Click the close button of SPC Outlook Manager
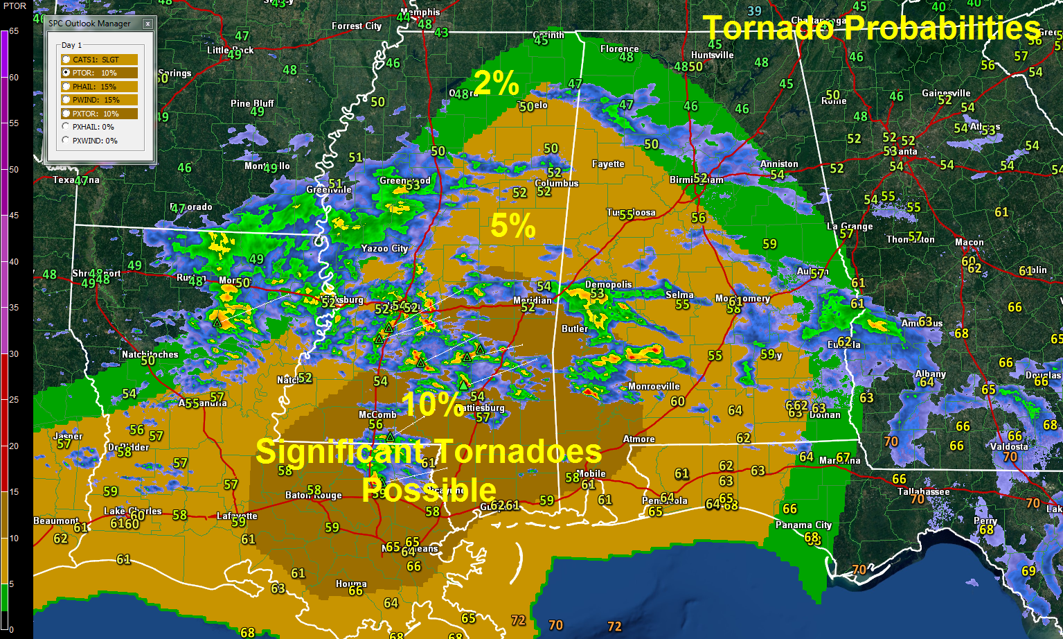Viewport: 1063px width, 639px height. point(148,24)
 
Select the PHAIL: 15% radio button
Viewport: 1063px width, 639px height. point(66,87)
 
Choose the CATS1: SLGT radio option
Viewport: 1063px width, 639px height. point(66,60)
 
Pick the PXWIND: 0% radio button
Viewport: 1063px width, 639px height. point(66,141)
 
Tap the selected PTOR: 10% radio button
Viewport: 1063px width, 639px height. point(66,73)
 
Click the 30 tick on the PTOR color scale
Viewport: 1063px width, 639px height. point(14,353)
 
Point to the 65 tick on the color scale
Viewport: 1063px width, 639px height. point(14,31)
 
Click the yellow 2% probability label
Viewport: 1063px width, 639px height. point(496,83)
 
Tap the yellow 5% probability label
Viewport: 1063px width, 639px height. point(513,226)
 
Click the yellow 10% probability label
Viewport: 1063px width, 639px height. point(432,404)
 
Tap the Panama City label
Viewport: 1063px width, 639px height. point(803,525)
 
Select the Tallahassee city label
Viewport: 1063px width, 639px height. point(923,491)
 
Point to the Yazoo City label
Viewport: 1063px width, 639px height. point(384,248)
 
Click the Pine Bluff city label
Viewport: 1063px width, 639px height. point(252,103)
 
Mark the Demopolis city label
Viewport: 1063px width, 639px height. point(608,284)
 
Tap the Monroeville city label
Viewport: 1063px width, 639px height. point(654,386)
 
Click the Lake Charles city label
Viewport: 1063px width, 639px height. point(132,511)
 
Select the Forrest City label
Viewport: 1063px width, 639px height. point(357,26)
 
